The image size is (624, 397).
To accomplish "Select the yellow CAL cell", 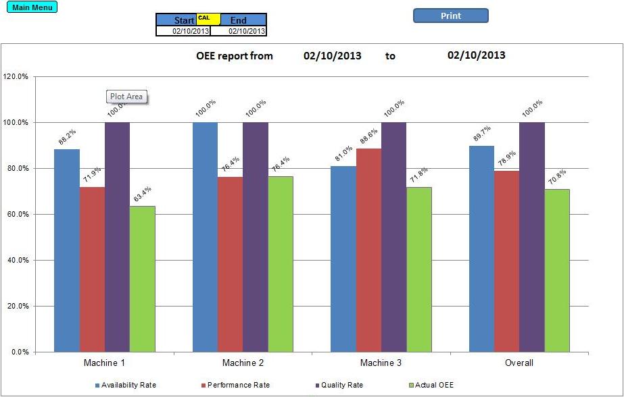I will click(x=204, y=18).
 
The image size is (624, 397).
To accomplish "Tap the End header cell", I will click(x=239, y=20).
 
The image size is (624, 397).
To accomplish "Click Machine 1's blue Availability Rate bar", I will click(x=67, y=250).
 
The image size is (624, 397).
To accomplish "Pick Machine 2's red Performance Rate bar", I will click(x=230, y=264).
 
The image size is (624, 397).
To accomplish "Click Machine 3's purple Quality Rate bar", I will click(x=393, y=236).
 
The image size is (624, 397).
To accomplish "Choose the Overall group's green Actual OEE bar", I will click(x=557, y=270).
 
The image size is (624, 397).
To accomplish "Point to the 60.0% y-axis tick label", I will click(x=16, y=214).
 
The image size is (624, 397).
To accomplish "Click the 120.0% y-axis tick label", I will click(x=16, y=76).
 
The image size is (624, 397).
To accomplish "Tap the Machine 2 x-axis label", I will click(x=243, y=363).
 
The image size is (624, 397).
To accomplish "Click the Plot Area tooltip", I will click(x=126, y=97).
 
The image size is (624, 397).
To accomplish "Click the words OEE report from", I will click(x=235, y=56).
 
